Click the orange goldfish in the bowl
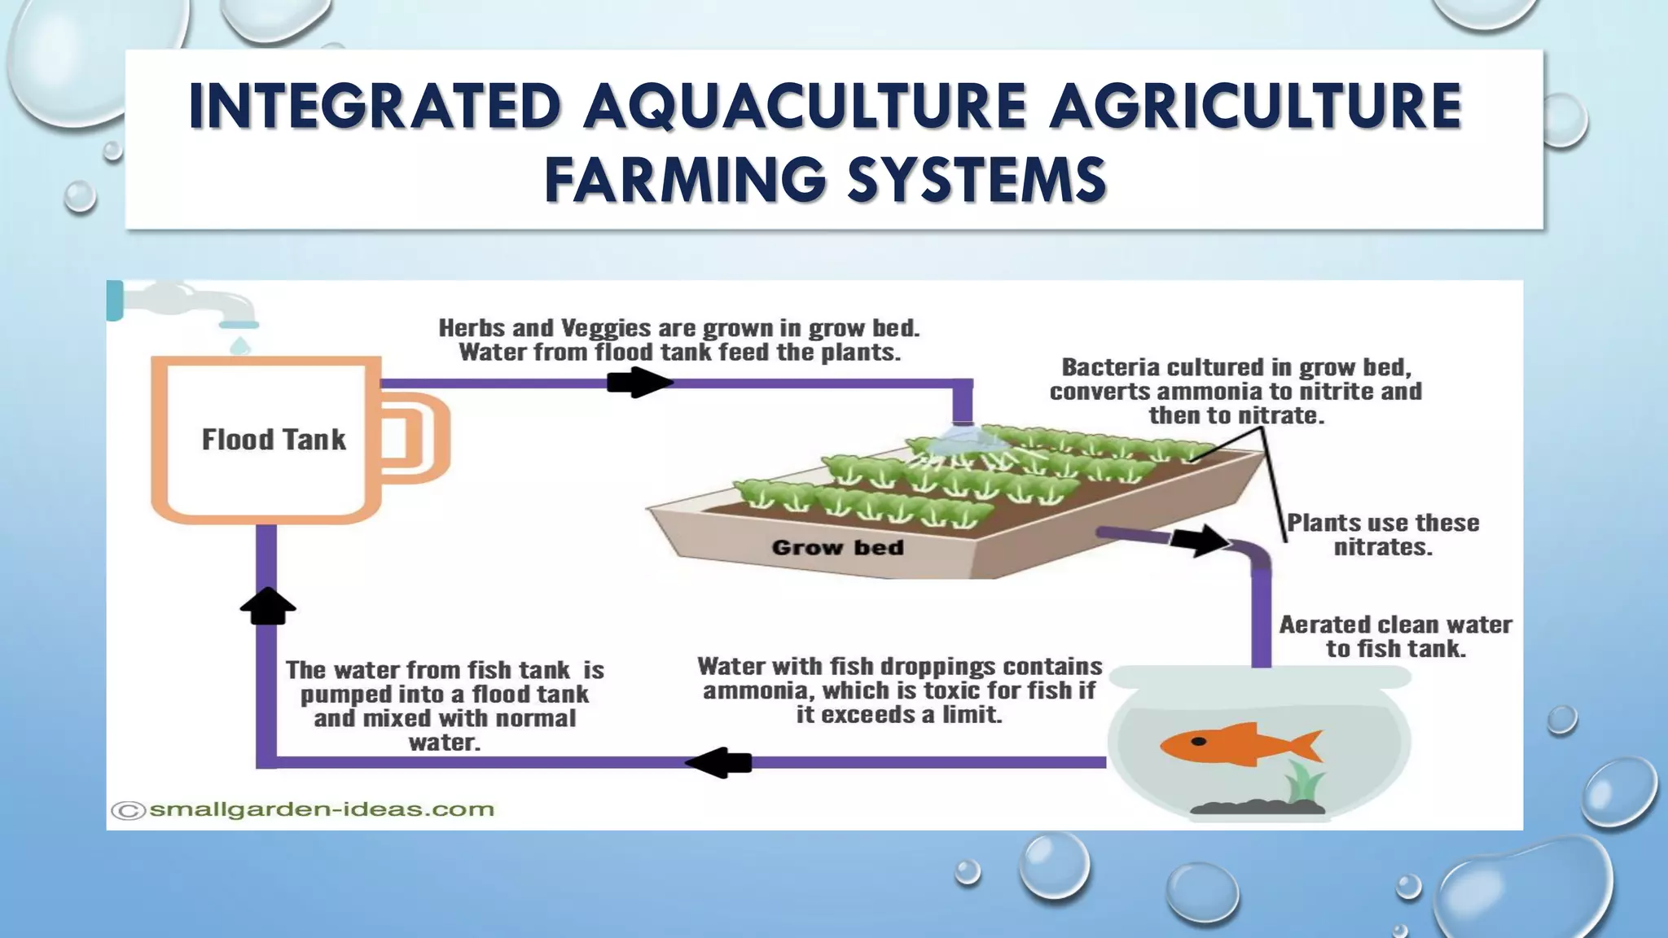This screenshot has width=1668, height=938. click(x=1238, y=743)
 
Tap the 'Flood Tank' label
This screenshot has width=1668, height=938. click(x=274, y=440)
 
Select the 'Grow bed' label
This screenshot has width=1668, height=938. click(x=837, y=547)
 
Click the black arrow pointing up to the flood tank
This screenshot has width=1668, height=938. click(x=268, y=606)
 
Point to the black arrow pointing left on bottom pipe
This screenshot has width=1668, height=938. click(x=718, y=763)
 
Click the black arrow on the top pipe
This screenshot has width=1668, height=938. click(x=639, y=382)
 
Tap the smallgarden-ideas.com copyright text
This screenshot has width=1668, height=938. click(x=303, y=809)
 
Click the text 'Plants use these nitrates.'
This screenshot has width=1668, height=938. click(x=1382, y=534)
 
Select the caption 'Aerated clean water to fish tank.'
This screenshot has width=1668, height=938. click(x=1395, y=636)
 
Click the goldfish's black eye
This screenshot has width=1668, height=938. click(x=1199, y=741)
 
